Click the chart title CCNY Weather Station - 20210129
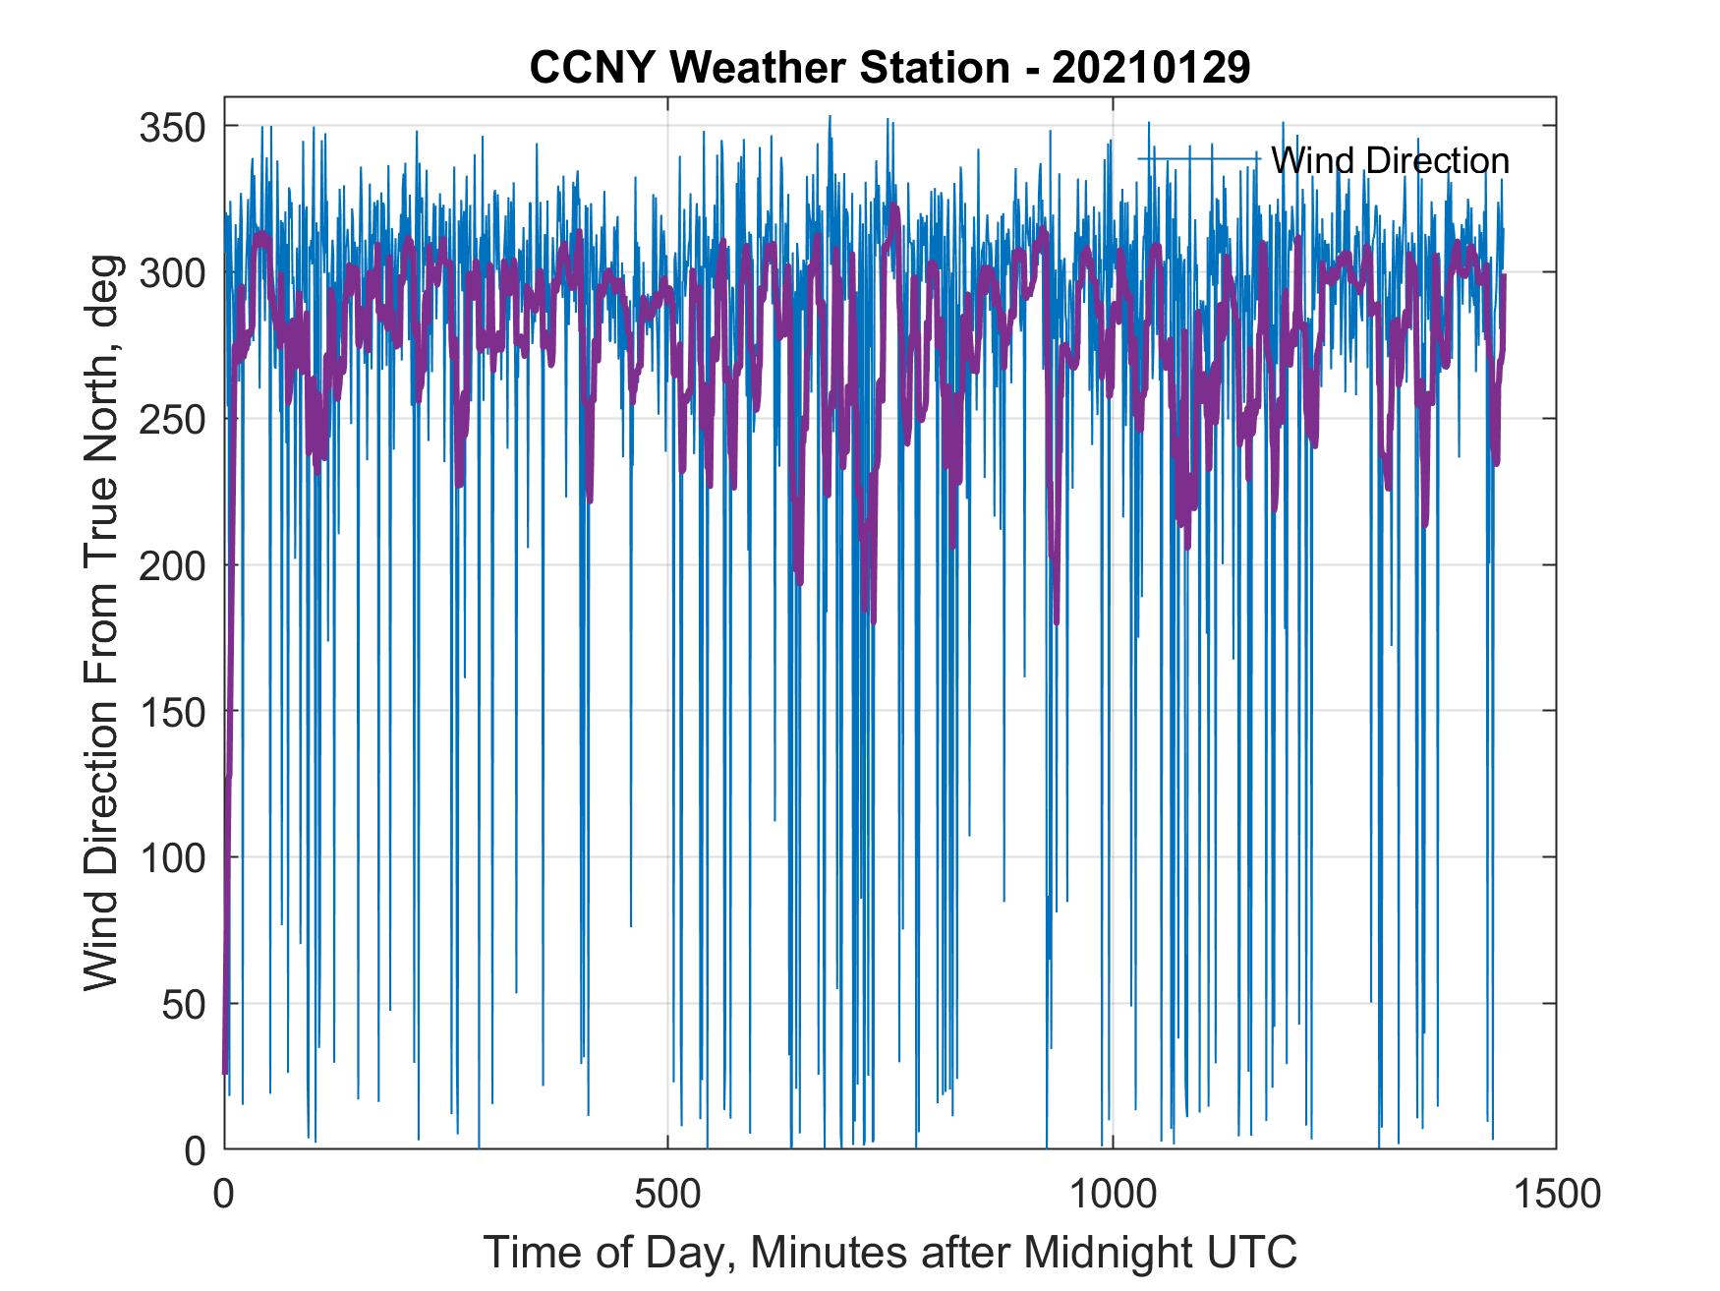click(889, 68)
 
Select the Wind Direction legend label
click(1390, 160)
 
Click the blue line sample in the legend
click(1199, 158)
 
